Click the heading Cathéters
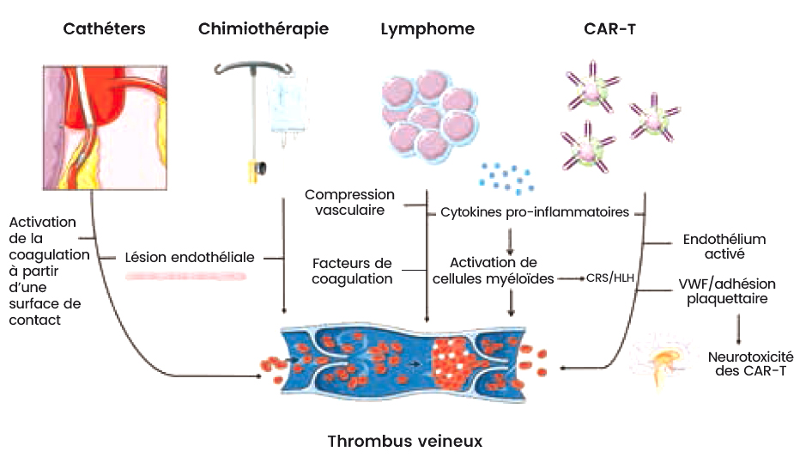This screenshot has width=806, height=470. click(x=105, y=29)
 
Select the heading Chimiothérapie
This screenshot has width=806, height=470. click(x=263, y=29)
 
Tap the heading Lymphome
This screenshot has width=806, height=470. click(x=427, y=29)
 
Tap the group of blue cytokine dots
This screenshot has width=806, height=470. click(x=506, y=177)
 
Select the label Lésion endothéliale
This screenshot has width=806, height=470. click(x=190, y=257)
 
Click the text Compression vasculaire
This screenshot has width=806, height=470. click(x=349, y=203)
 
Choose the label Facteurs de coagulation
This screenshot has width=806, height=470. click(x=352, y=271)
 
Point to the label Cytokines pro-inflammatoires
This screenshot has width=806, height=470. click(x=535, y=211)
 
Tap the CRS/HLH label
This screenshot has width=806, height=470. click(x=610, y=278)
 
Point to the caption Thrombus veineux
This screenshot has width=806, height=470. click(x=405, y=442)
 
